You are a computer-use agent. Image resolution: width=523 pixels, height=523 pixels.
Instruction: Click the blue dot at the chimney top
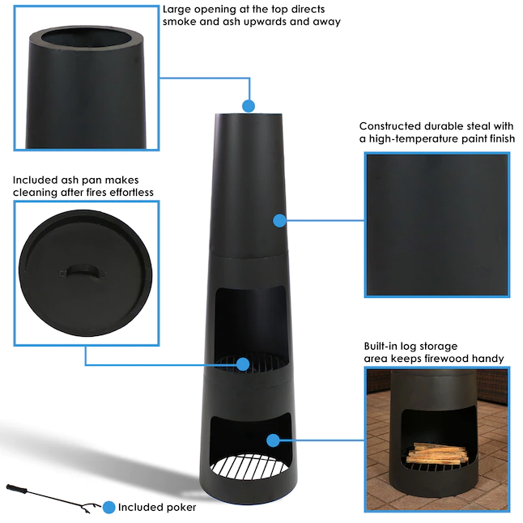click(249, 105)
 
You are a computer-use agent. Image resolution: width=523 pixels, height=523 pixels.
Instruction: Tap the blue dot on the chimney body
click(279, 220)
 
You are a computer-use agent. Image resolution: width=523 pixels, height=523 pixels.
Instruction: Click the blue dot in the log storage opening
click(273, 440)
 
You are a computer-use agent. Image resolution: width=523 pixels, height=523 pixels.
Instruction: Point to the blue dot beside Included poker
click(108, 508)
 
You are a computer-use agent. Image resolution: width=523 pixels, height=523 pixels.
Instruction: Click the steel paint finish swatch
click(436, 224)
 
